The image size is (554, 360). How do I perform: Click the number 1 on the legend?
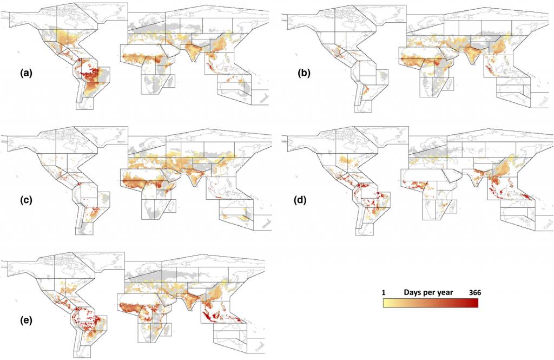click(384, 292)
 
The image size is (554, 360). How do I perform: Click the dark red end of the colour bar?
click(475, 303)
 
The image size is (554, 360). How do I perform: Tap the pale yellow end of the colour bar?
click(386, 303)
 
